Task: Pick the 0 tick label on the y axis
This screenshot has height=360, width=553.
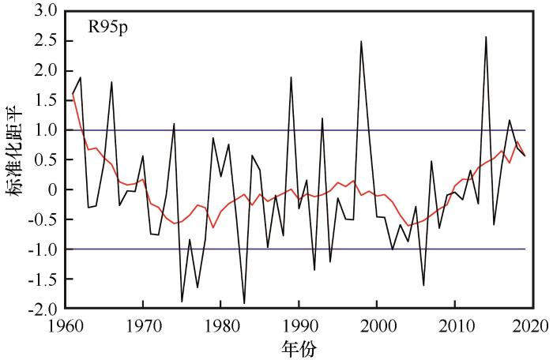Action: click(x=52, y=189)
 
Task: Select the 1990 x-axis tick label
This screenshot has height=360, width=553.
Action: click(x=299, y=324)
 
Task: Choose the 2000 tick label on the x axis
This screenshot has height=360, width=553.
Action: click(x=377, y=324)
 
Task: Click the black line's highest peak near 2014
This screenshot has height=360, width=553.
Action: click(x=486, y=37)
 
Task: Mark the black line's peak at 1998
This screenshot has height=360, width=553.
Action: click(x=361, y=41)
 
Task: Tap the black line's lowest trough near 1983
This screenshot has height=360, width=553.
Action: click(x=244, y=302)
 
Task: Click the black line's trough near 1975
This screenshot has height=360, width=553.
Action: click(x=182, y=301)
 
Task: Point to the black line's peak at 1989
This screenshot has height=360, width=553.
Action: click(x=292, y=77)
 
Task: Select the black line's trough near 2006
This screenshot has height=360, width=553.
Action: click(x=423, y=285)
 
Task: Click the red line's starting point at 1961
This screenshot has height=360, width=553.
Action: click(x=73, y=94)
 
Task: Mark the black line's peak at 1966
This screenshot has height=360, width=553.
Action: click(x=111, y=82)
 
